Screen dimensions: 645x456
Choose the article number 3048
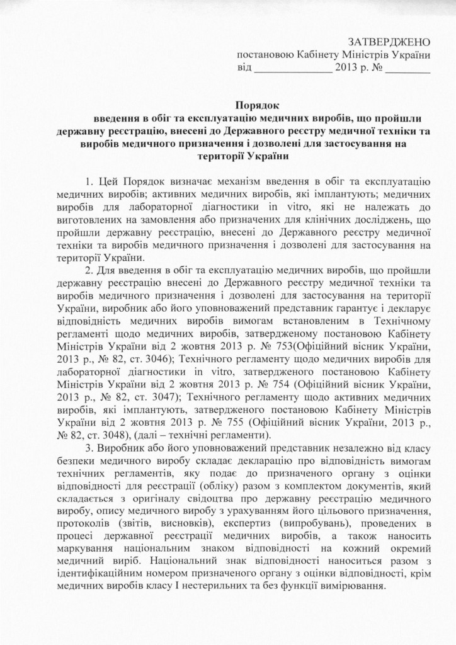[126, 437]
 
